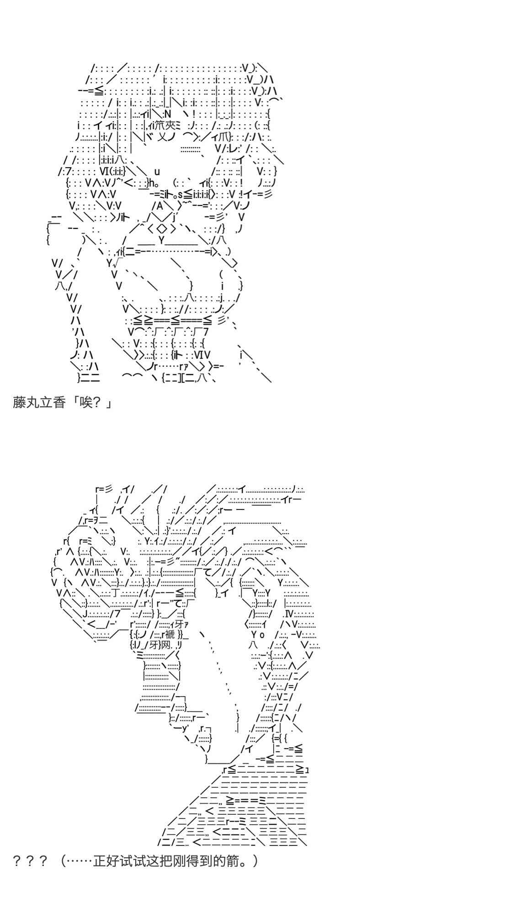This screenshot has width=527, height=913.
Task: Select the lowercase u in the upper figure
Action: coord(157,172)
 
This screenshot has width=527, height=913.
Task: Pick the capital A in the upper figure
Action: coord(160,206)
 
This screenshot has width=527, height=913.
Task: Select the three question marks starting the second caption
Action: coord(30,861)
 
